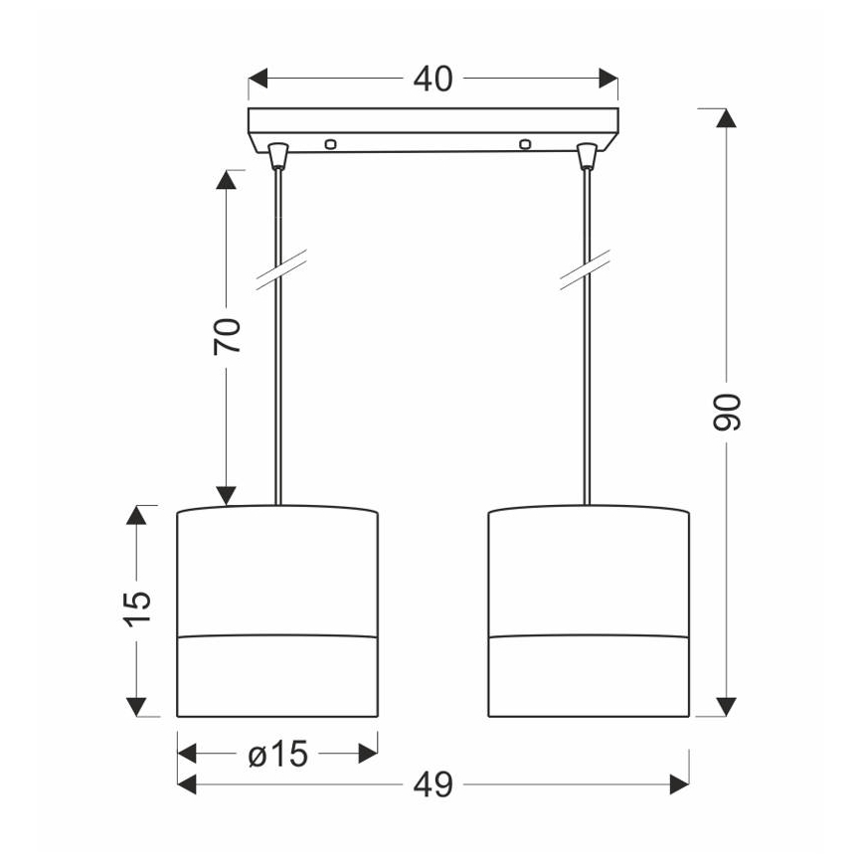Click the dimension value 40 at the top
(x=431, y=79)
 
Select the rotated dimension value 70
(x=228, y=337)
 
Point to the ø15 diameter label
(x=277, y=756)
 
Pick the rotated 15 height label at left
(x=140, y=607)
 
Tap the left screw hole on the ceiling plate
(x=331, y=145)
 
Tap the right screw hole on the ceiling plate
(x=525, y=145)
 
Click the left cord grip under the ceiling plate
(x=277, y=154)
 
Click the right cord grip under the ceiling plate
(x=589, y=154)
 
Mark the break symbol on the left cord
(x=279, y=268)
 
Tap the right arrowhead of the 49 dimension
(x=679, y=786)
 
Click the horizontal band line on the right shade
(x=589, y=633)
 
